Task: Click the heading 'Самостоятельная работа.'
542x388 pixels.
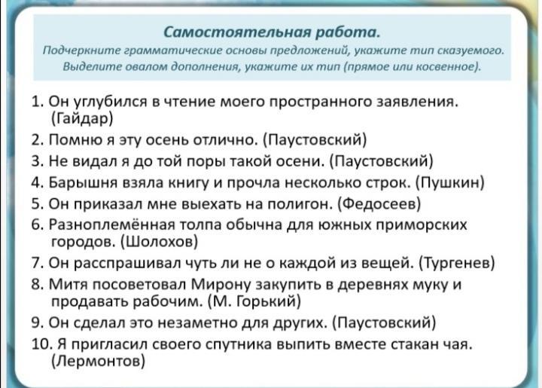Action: click(272, 32)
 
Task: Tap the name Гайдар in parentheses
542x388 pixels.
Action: click(83, 118)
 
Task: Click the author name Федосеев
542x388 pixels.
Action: click(379, 204)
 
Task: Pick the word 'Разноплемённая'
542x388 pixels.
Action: click(111, 225)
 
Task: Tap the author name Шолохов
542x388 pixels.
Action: click(160, 242)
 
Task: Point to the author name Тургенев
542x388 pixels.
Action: click(457, 264)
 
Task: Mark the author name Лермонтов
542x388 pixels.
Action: click(98, 362)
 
